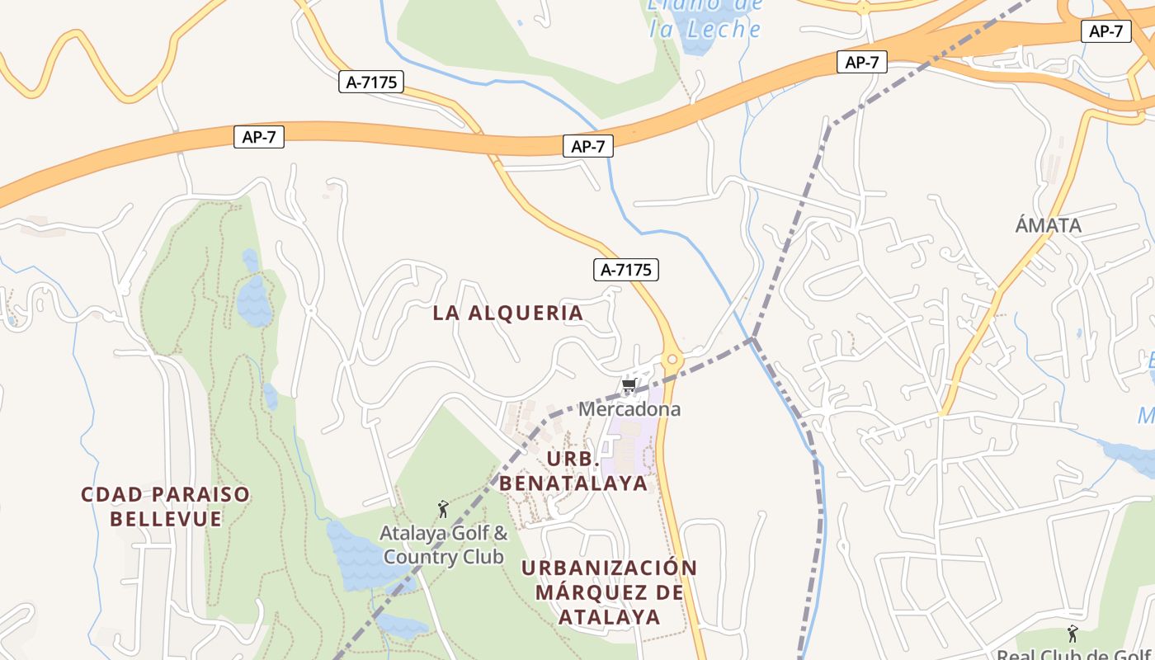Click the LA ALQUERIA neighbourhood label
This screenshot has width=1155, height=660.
[508, 313]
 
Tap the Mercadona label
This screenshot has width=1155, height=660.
[629, 409]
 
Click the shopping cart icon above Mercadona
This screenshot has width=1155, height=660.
[629, 385]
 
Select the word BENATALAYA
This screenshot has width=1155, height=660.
[573, 483]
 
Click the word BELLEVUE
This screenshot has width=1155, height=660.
[165, 519]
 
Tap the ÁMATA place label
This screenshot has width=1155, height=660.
[1048, 225]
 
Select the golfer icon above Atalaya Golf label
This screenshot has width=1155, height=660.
[443, 509]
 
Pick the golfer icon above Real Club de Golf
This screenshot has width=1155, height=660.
[1072, 634]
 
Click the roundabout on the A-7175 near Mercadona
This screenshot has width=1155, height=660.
[672, 360]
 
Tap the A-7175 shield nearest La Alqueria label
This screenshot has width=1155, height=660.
[626, 270]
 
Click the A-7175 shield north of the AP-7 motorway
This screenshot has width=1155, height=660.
[370, 82]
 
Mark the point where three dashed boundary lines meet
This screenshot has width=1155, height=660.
[752, 338]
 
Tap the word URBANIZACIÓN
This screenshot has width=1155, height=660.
[609, 568]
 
